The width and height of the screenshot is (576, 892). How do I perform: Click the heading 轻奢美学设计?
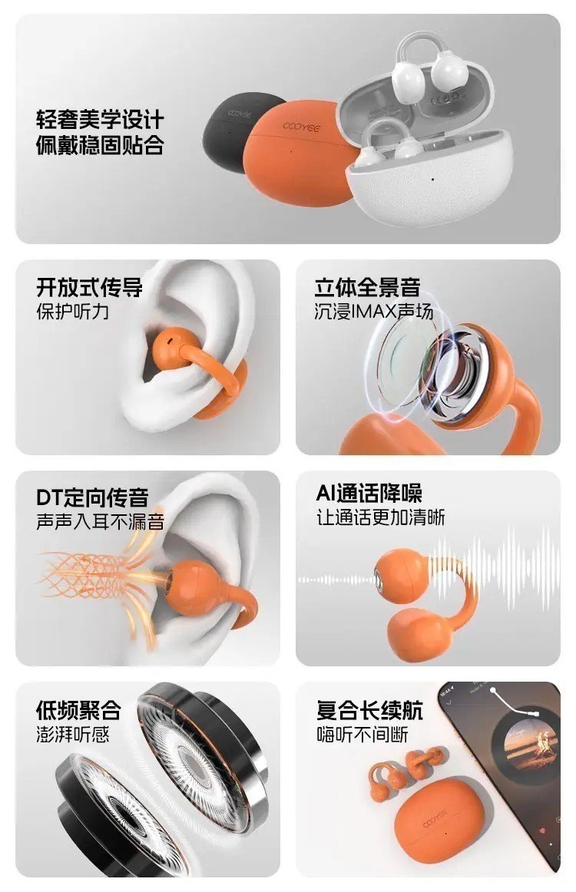(100, 120)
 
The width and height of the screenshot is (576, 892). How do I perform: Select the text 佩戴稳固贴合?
(100, 144)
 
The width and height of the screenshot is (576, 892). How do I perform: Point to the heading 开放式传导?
(89, 287)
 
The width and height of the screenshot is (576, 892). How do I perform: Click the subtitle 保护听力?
(72, 312)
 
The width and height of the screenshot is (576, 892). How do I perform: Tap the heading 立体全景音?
(367, 287)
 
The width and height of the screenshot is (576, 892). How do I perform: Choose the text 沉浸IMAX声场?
(374, 312)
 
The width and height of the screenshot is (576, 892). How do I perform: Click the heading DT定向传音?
(93, 497)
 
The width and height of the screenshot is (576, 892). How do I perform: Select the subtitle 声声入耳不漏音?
(100, 521)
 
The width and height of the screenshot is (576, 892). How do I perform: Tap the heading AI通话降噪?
(369, 494)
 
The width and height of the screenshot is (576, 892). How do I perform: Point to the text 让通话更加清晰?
(381, 517)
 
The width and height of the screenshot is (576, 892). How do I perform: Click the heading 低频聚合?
(78, 710)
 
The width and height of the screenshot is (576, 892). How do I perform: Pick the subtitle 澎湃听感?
(72, 735)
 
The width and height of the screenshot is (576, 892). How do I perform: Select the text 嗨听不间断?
(362, 735)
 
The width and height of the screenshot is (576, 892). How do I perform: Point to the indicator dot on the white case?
(432, 179)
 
